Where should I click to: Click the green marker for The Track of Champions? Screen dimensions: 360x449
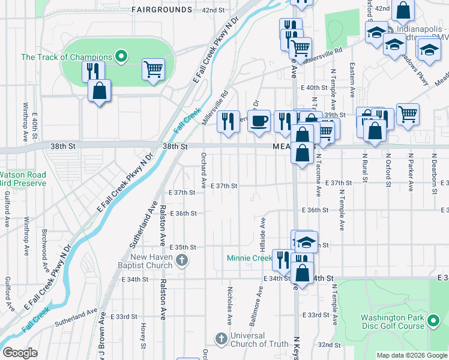(121, 57)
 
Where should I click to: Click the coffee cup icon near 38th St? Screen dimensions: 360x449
(259, 121)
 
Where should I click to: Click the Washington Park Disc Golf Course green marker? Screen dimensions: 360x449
(434, 319)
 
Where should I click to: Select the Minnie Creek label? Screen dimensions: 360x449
(249, 259)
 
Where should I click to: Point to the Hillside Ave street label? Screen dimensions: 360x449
(263, 235)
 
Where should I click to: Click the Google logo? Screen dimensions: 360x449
(20, 352)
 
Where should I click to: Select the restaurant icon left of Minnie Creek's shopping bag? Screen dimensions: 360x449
(281, 260)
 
